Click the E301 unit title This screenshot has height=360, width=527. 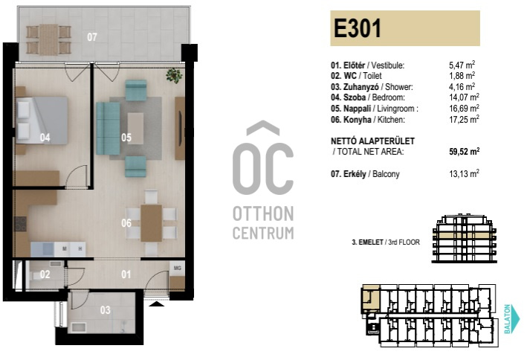click(x=358, y=28)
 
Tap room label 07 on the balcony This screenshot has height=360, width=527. click(x=92, y=36)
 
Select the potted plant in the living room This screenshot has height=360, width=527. click(x=174, y=75)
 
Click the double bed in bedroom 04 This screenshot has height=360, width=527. click(x=42, y=120)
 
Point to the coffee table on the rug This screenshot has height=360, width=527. click(x=135, y=128)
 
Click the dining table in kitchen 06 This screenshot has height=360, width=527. click(x=151, y=223)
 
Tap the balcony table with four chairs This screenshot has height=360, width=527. click(x=49, y=39)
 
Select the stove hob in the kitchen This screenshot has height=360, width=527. click(x=20, y=224)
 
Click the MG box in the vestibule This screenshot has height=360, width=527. click(x=177, y=269)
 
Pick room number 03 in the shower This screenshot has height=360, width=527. click(x=106, y=310)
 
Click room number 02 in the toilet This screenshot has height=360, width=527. click(x=45, y=274)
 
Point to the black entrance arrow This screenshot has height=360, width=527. click(x=156, y=303)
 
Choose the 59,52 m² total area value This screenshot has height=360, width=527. click(x=464, y=152)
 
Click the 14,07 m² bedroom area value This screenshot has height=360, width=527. click(x=464, y=97)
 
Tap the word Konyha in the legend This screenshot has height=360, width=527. click(x=358, y=120)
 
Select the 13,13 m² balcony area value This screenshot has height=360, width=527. click(x=464, y=173)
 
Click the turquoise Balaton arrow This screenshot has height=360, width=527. click(x=511, y=318)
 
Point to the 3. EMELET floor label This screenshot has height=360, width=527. click(x=367, y=242)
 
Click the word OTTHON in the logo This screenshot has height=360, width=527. click(x=263, y=214)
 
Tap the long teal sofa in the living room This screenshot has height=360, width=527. click(x=109, y=128)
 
